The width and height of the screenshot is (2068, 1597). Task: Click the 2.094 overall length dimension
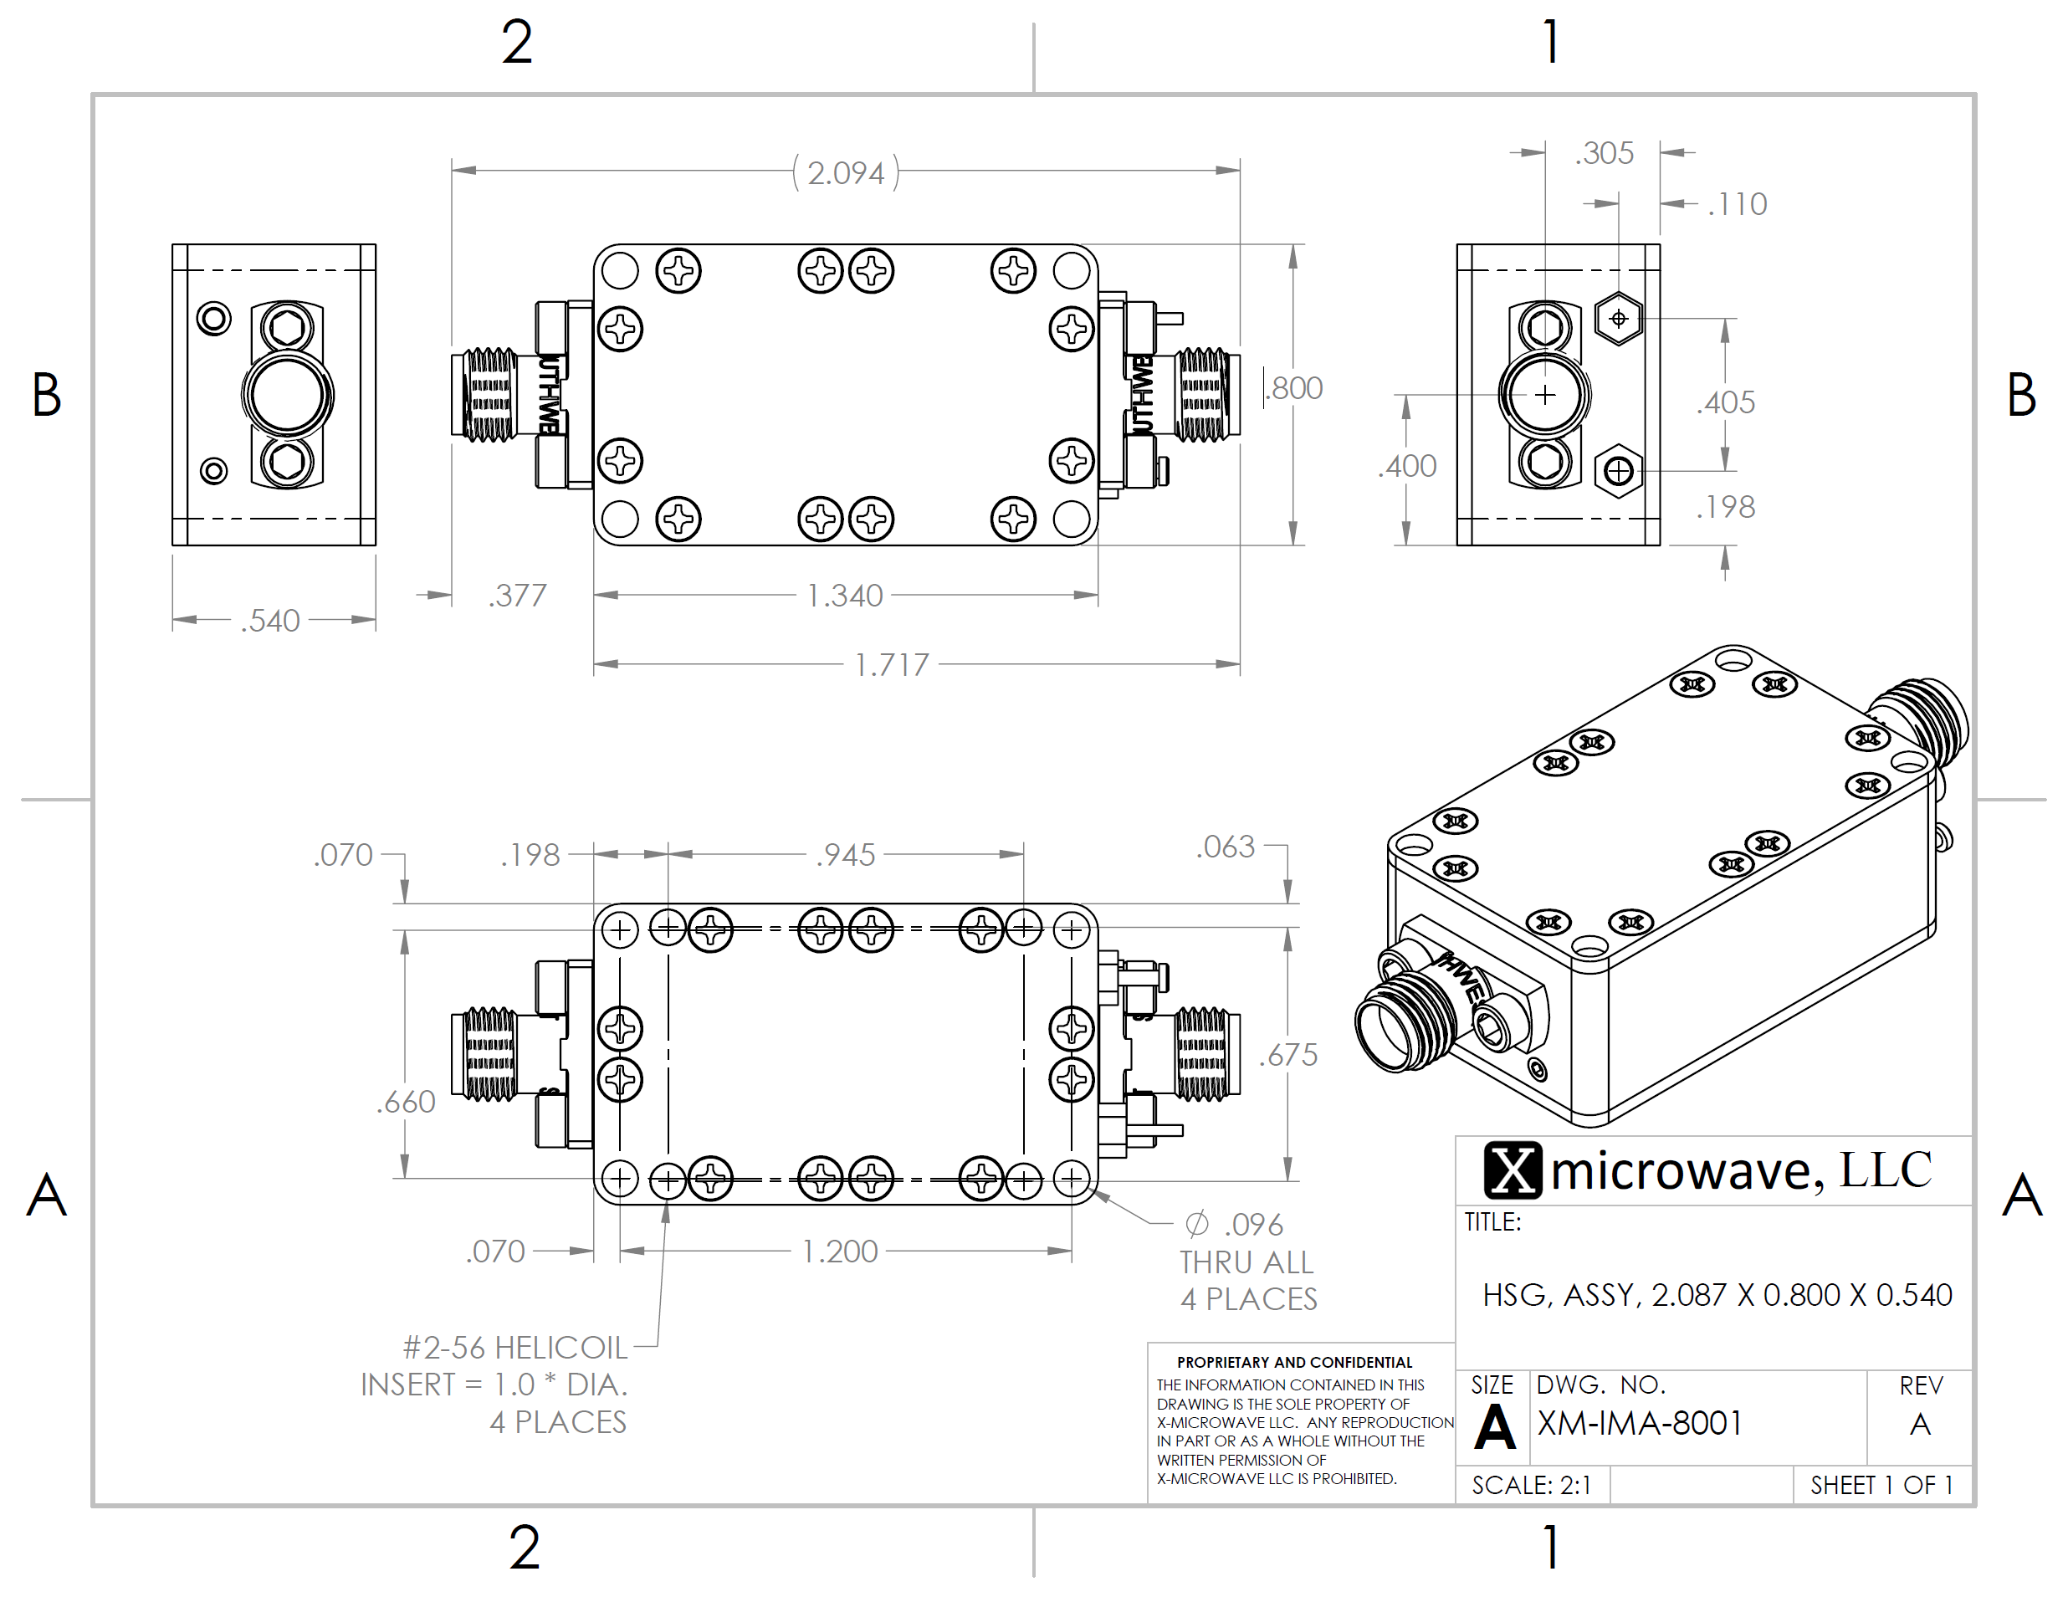click(846, 173)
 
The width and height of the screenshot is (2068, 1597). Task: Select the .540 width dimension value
click(271, 621)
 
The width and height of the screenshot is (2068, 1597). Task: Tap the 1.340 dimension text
click(845, 596)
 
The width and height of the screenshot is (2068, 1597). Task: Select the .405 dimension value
click(1726, 403)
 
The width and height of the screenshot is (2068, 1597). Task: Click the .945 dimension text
click(846, 856)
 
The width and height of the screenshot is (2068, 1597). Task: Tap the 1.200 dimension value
click(840, 1251)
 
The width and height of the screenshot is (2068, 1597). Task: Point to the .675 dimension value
click(1288, 1056)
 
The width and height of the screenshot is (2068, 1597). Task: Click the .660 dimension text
click(407, 1102)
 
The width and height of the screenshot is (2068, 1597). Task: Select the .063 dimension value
click(1226, 847)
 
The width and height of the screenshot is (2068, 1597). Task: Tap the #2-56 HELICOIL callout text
click(515, 1348)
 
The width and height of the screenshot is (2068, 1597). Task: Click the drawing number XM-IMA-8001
click(1639, 1424)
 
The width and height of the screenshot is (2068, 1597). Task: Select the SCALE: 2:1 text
click(1531, 1485)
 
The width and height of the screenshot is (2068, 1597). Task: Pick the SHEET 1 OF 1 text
click(1881, 1485)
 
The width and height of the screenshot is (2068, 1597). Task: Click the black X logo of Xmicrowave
click(1513, 1170)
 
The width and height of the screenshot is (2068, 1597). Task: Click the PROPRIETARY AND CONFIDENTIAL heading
click(1294, 1362)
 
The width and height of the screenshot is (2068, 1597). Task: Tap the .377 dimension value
click(518, 596)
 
